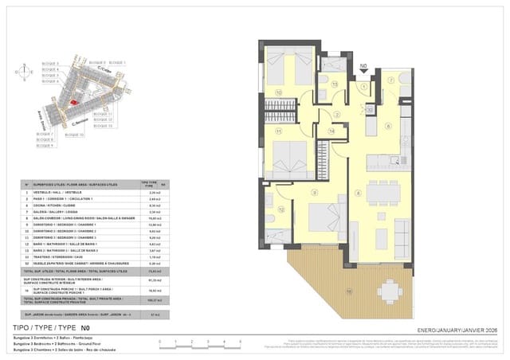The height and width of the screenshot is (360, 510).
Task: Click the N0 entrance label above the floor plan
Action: coord(364,68)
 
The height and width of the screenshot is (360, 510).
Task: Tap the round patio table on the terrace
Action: coord(390,292)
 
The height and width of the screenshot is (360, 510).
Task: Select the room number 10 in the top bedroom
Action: coord(278,92)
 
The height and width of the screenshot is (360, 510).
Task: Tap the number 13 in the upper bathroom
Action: coord(335,83)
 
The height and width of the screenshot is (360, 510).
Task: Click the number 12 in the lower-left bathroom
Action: coord(282,209)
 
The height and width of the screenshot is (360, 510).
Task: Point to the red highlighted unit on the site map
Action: coord(72,101)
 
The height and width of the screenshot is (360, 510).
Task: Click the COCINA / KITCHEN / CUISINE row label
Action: coord(64,205)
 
